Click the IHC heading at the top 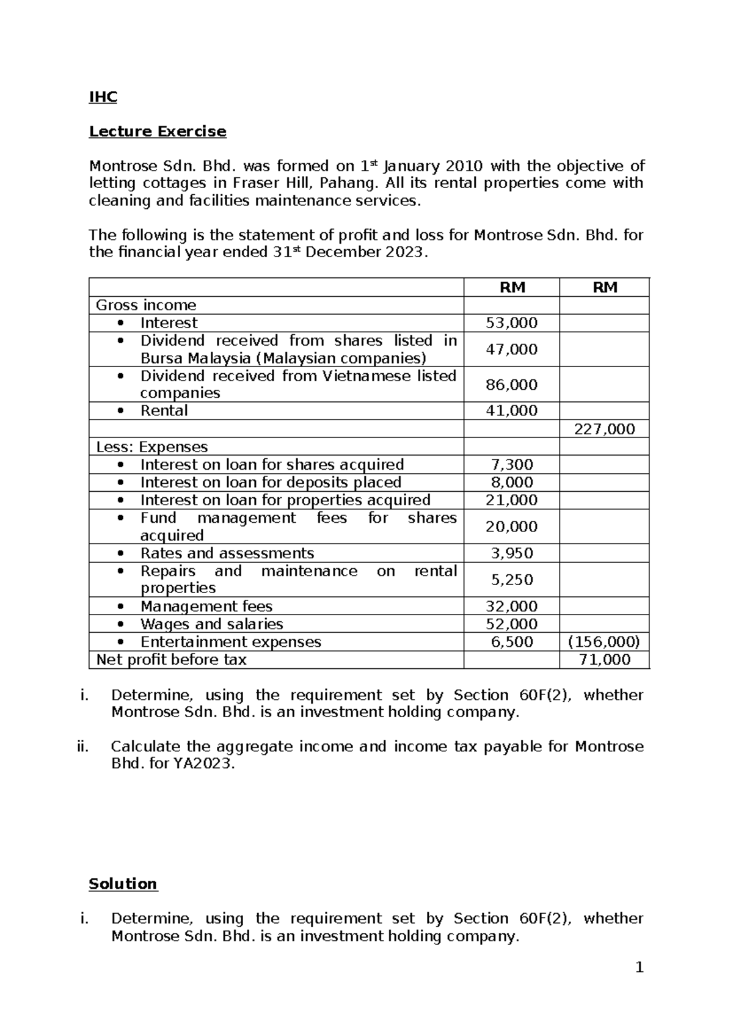click(103, 97)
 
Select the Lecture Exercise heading click(158, 131)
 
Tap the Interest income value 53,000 click(511, 323)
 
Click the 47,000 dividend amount click(511, 349)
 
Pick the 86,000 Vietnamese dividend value click(511, 385)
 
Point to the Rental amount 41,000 click(511, 410)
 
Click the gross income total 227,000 click(604, 429)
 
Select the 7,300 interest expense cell click(512, 465)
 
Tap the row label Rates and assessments click(227, 553)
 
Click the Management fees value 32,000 click(511, 607)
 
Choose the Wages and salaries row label click(211, 624)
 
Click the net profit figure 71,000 click(604, 660)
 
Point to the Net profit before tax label click(171, 660)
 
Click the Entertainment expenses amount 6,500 click(512, 642)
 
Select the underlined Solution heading click(123, 884)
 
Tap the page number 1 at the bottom click(639, 968)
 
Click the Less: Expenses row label click(151, 447)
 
